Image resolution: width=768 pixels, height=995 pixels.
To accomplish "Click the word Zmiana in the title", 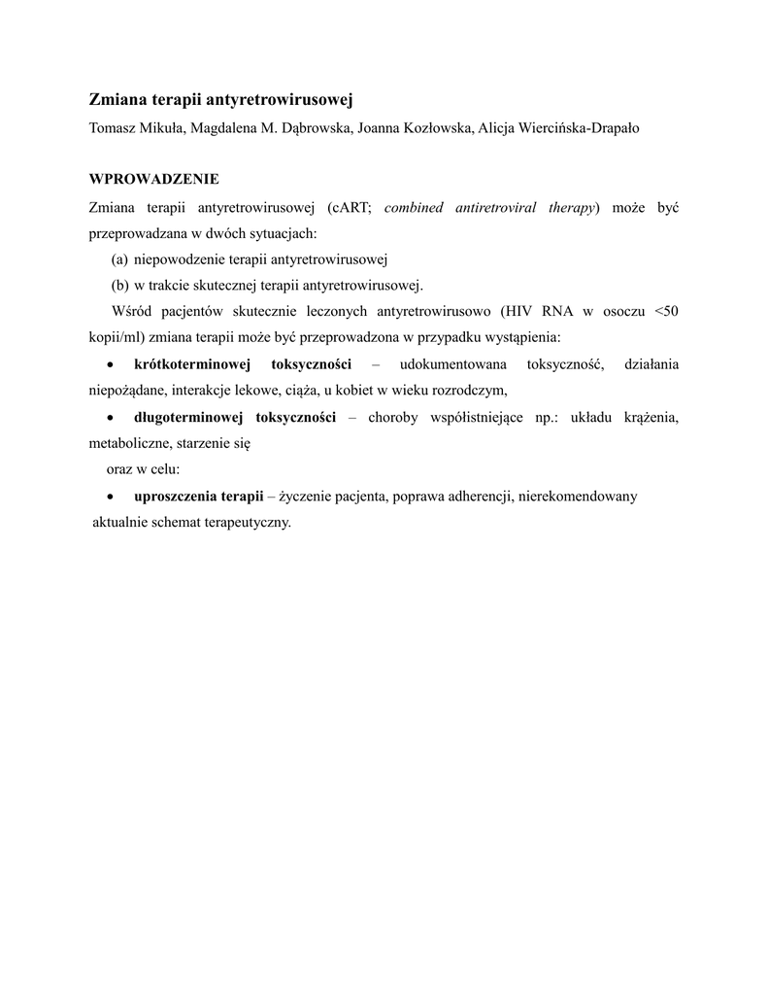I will (x=117, y=99).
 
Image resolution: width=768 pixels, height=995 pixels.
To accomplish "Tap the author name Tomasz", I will (x=112, y=128).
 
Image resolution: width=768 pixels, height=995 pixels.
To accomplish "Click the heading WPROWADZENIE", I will (x=154, y=180).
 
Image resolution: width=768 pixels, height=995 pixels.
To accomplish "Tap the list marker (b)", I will (x=119, y=286).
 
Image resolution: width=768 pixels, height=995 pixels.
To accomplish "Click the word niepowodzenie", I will (x=180, y=259).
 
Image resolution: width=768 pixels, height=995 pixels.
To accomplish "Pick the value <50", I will (x=667, y=312).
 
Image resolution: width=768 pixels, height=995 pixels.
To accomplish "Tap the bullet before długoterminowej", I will (x=112, y=418).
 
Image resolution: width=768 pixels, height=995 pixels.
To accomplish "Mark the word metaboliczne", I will (x=127, y=443).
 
